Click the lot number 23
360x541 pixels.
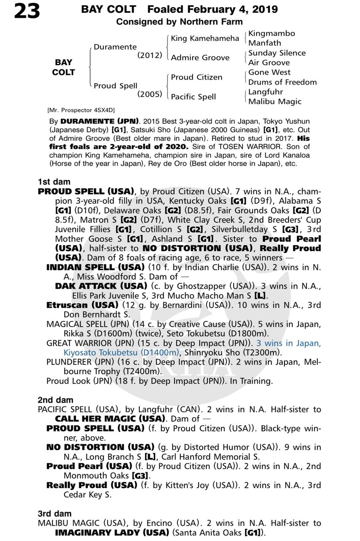coord(27,12)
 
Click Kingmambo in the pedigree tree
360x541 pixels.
coord(271,33)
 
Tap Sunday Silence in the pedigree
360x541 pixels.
coord(277,53)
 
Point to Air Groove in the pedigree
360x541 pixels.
coord(269,63)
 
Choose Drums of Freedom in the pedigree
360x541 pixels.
coord(282,82)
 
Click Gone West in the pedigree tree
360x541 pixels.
coord(269,72)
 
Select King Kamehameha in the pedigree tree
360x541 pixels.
coord(205,38)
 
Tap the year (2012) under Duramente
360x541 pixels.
coord(150,55)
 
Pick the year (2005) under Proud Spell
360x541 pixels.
coord(150,94)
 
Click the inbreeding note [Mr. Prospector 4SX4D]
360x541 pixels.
coord(82,110)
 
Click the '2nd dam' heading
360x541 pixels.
coord(55,400)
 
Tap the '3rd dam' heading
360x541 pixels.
coord(55,514)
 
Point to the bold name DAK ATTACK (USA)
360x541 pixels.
coord(101,286)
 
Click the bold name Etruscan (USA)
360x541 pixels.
coord(82,305)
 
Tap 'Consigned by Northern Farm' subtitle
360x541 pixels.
coord(180,22)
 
